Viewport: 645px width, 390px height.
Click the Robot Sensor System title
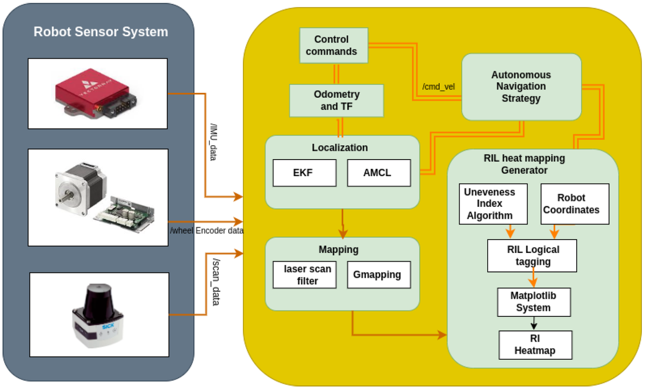(101, 32)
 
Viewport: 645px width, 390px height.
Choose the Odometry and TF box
(336, 100)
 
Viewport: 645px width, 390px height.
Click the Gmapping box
(377, 275)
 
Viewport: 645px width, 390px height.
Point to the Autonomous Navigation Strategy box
(521, 86)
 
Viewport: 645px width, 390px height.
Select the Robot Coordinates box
(575, 204)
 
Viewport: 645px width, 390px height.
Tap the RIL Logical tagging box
(532, 255)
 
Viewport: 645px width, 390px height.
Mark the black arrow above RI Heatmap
(534, 323)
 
